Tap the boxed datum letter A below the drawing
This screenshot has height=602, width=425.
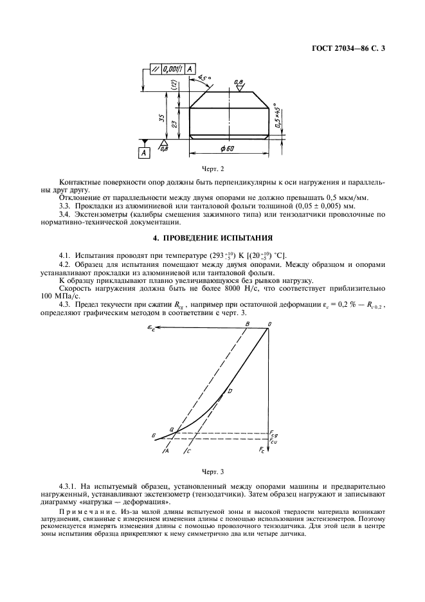145,152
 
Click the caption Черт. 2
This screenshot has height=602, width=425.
212,168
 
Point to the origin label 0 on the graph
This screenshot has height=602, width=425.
269,324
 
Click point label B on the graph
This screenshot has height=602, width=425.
247,324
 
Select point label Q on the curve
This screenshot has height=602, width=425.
172,429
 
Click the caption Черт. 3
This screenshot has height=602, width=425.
212,472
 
